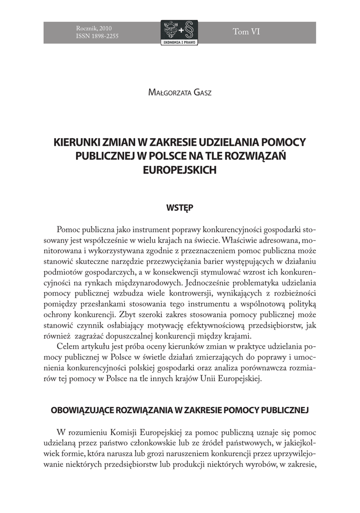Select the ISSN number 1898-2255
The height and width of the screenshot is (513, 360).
tap(107, 37)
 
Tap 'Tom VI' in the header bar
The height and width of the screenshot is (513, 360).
tap(246, 32)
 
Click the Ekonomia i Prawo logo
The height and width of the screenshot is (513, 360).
tap(179, 33)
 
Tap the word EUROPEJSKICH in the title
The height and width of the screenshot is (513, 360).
tap(179, 169)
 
